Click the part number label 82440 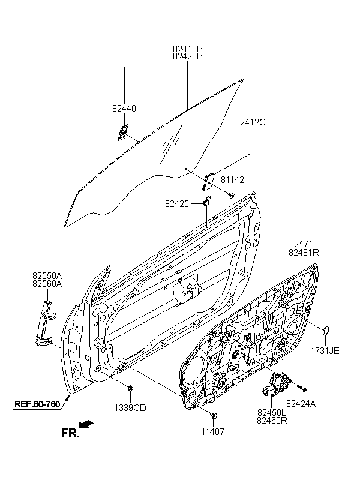point(124,108)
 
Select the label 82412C point(250,122)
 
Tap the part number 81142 point(232,180)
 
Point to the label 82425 point(177,204)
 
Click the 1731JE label point(325,351)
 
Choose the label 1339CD point(130,408)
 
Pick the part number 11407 point(213,432)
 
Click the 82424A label point(301,404)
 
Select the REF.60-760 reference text point(37,404)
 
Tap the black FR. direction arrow point(86,425)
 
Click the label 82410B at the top point(188,49)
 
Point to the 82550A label point(47,276)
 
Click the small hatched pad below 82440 point(123,132)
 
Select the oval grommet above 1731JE point(326,331)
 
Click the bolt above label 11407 point(214,416)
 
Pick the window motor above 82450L point(276,384)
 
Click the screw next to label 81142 point(232,196)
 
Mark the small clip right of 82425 point(207,200)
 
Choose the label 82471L point(304,244)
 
